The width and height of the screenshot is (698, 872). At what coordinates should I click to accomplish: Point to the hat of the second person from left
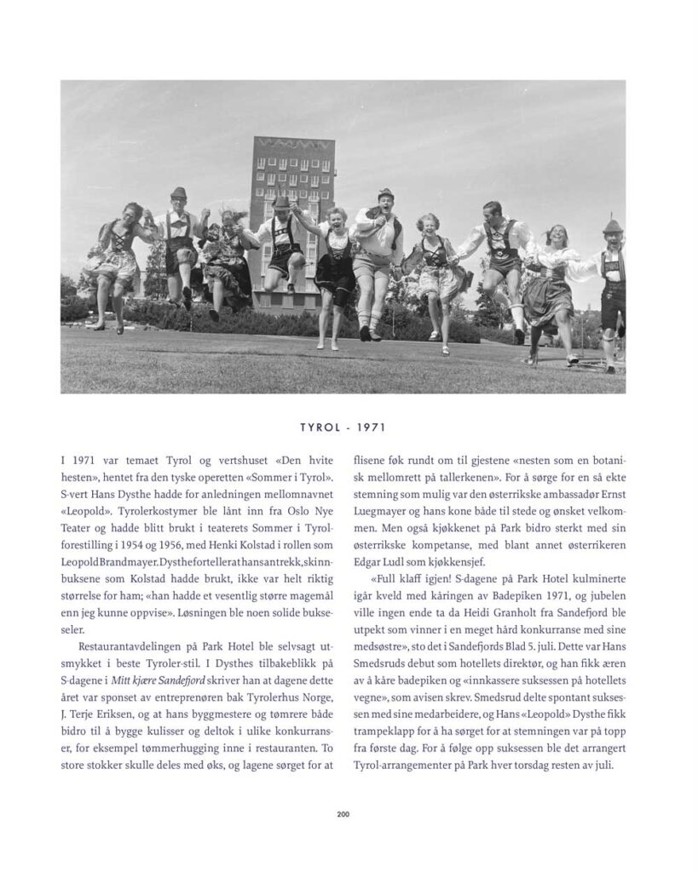[x=179, y=192]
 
